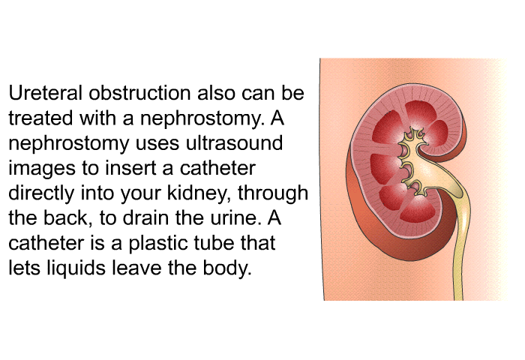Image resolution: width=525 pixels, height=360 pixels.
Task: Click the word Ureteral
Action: [x=45, y=93]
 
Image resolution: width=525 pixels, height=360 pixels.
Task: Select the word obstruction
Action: [x=141, y=93]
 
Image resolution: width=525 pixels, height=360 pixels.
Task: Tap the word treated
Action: [x=40, y=118]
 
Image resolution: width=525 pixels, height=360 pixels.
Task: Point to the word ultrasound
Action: [x=234, y=143]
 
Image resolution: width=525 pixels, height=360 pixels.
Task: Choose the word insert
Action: [x=131, y=168]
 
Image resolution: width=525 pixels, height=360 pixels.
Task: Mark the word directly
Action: [x=41, y=193]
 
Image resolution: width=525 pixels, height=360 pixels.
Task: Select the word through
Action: [x=272, y=193]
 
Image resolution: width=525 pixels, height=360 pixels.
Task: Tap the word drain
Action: [x=145, y=218]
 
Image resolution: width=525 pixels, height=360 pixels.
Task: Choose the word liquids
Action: [x=76, y=268]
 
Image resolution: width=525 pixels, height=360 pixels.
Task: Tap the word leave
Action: [x=137, y=268]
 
